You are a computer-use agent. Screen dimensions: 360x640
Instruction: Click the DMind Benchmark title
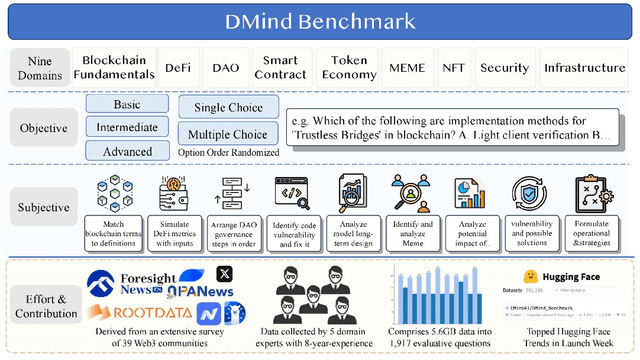coord(320,19)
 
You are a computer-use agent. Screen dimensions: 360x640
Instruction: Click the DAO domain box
coord(227,68)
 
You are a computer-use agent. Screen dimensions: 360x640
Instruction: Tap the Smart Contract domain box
coord(279,68)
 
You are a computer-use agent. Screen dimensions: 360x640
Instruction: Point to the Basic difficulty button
coord(126,103)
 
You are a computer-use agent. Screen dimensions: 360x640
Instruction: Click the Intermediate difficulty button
coord(126,127)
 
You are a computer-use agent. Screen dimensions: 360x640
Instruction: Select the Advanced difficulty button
coord(126,150)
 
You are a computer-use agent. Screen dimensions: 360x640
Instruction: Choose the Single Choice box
coord(221,107)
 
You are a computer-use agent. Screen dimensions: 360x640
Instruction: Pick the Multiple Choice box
coord(221,133)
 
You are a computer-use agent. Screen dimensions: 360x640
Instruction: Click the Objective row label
coord(43,128)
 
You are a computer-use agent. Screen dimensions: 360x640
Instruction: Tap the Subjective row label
coord(43,208)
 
